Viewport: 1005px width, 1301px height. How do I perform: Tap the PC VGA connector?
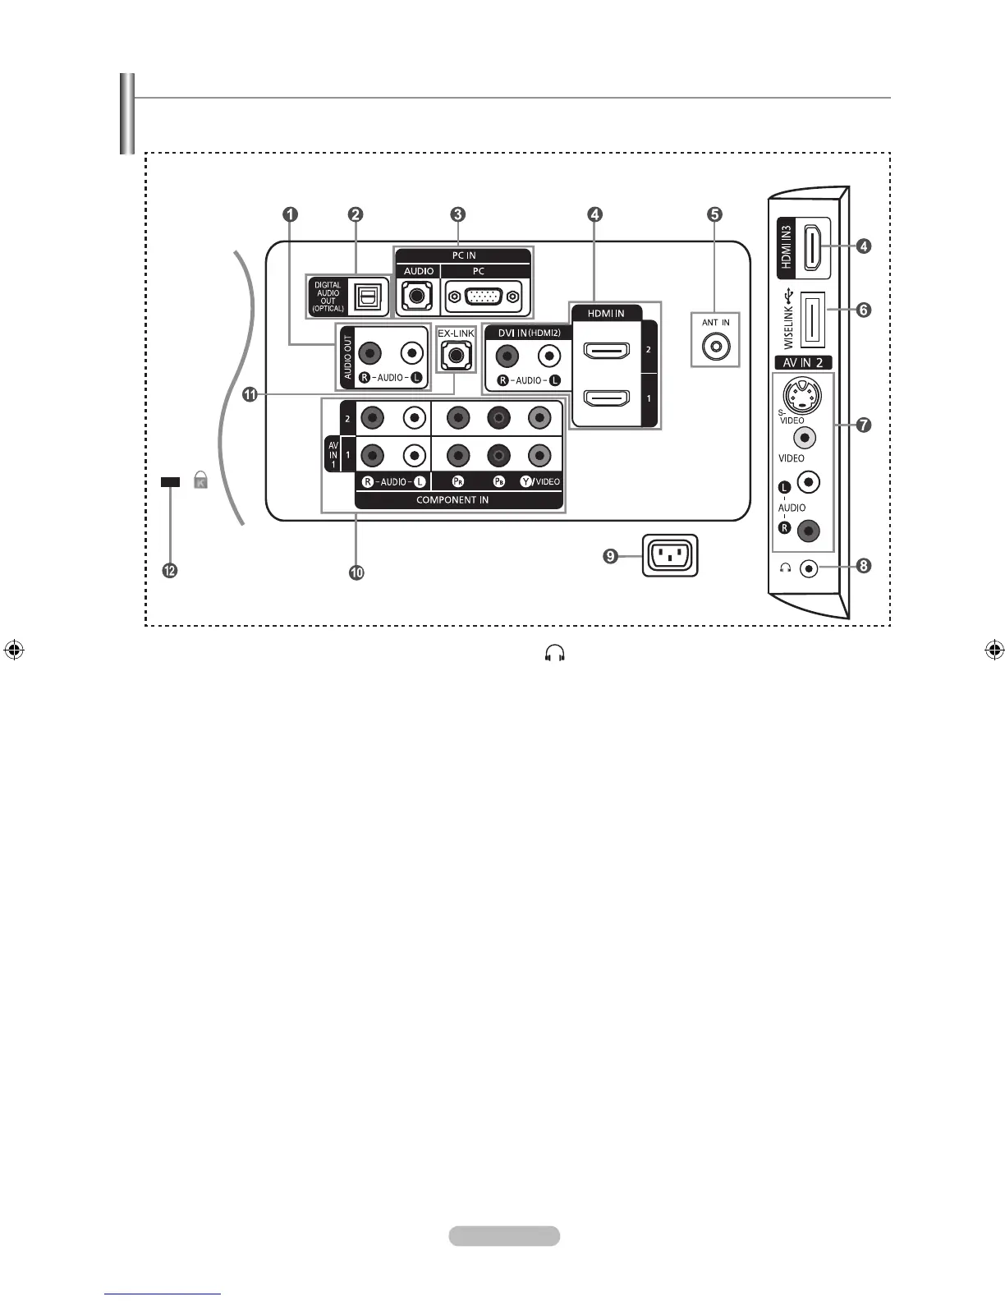[x=482, y=297]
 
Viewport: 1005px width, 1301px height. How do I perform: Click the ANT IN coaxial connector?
[x=716, y=346]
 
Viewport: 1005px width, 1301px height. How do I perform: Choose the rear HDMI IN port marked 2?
[x=606, y=351]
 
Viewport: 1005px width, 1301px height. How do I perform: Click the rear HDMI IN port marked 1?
[x=606, y=398]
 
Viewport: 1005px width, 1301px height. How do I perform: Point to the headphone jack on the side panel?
[x=810, y=568]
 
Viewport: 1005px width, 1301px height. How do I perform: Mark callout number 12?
[x=170, y=572]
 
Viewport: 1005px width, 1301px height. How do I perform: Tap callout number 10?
[x=356, y=573]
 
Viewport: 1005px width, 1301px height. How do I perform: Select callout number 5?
[x=715, y=214]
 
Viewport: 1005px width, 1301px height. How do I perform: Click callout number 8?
[x=863, y=566]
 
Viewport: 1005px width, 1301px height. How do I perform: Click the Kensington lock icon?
[x=200, y=481]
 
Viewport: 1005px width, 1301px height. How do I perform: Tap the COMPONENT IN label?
[x=452, y=499]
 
